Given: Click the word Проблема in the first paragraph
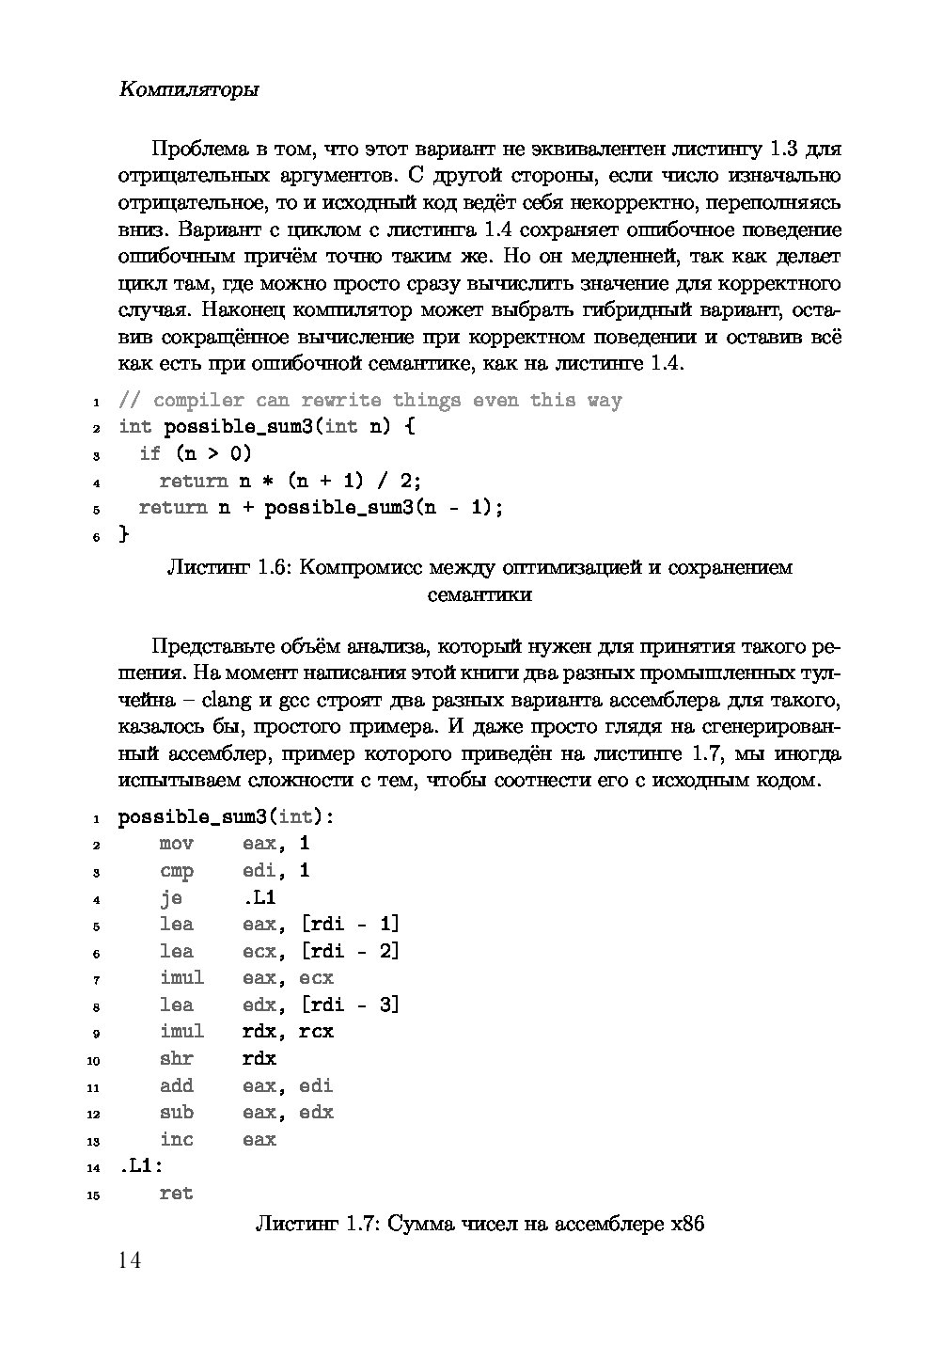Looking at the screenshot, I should pyautogui.click(x=197, y=149).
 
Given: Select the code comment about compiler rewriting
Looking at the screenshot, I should pyautogui.click(x=369, y=401).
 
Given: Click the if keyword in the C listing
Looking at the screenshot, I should pyautogui.click(x=149, y=454).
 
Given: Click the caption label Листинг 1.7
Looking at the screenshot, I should pyautogui.click(x=317, y=1225).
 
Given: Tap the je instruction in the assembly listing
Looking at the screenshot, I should pyautogui.click(x=171, y=897).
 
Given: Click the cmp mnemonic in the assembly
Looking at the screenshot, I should pyautogui.click(x=177, y=871).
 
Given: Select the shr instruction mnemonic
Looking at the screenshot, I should pyautogui.click(x=177, y=1059).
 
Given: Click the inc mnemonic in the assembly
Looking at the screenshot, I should pyautogui.click(x=177, y=1140).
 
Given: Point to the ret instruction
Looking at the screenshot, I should pyautogui.click(x=177, y=1194).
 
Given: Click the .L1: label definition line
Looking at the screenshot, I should pyautogui.click(x=141, y=1166).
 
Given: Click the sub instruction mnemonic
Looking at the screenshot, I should pyautogui.click(x=177, y=1113).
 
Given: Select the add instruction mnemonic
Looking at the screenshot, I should pyautogui.click(x=177, y=1086).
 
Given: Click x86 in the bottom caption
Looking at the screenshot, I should pyautogui.click(x=686, y=1225).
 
